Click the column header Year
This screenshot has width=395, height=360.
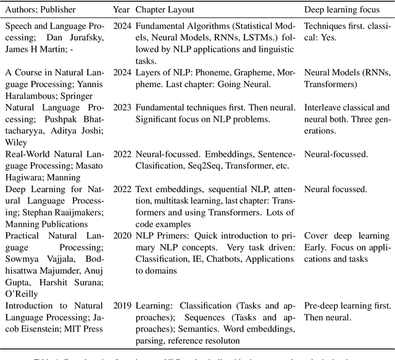[x=121, y=10]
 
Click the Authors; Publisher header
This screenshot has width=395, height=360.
[x=39, y=10]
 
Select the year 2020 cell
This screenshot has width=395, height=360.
[x=121, y=238]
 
